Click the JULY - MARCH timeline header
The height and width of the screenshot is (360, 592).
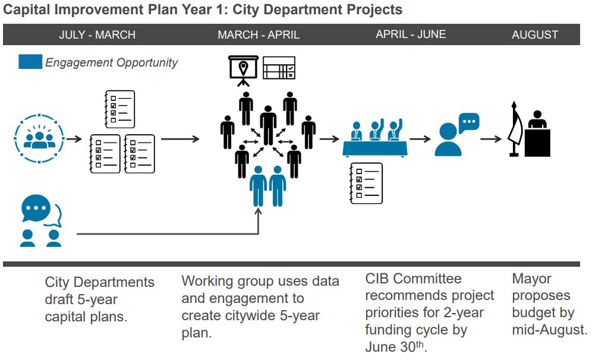coord(97,34)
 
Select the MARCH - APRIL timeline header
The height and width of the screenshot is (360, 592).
coord(259,34)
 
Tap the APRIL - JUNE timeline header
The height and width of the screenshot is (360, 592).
coord(411,34)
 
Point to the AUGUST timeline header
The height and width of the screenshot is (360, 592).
coord(535,34)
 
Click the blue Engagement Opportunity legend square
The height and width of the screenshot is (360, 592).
coord(30,62)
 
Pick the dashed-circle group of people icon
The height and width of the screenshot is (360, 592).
coord(39,138)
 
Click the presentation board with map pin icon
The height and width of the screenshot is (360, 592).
coord(244,71)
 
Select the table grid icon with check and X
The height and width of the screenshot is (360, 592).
coord(279,68)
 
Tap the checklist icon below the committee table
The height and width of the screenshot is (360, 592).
coord(366,184)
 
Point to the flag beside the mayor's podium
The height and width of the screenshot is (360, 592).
coord(515,129)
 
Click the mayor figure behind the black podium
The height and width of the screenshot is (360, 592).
coord(538,119)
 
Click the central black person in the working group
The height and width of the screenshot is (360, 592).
coord(268,125)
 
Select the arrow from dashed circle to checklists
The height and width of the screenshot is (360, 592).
coord(74,139)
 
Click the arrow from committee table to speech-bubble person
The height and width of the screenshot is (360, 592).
coord(420,139)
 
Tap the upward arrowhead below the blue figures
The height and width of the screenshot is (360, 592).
coord(258,211)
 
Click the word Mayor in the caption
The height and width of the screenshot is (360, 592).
coord(531,279)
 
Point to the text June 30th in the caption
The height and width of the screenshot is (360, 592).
coord(395,346)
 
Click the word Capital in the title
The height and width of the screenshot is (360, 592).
coord(26,10)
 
